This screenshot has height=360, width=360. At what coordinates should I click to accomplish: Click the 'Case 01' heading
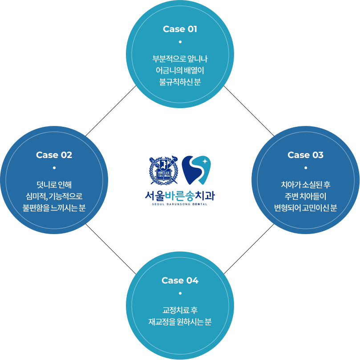coord(180,29)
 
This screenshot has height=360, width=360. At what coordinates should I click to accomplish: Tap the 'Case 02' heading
coord(54,155)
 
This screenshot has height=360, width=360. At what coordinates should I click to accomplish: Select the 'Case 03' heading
coord(305,155)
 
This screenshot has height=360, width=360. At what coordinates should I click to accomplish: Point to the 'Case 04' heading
coord(180,280)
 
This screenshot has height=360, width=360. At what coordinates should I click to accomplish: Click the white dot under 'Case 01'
coord(180,42)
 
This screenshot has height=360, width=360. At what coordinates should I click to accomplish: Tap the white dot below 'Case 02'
coord(54,168)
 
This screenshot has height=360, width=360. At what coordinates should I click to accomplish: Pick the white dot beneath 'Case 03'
coord(305,168)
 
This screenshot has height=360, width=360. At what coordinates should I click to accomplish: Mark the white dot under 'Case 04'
coord(180,293)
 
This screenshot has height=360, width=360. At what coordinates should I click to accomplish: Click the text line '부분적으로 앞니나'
coord(180,59)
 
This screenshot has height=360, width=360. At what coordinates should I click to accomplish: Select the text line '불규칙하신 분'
coord(180,82)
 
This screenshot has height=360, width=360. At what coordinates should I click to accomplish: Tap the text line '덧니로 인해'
coord(54,185)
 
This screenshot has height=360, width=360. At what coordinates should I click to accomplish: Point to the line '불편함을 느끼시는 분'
coord(54,208)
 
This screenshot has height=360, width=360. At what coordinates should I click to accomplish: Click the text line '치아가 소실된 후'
coord(305,185)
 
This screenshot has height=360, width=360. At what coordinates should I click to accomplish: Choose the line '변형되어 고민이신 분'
coord(305,208)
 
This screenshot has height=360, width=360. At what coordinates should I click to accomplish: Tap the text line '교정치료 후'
coord(180,310)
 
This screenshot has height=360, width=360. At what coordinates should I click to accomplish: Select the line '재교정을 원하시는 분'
coord(180,322)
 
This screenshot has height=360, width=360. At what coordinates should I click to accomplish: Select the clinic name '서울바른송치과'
coord(180,195)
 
